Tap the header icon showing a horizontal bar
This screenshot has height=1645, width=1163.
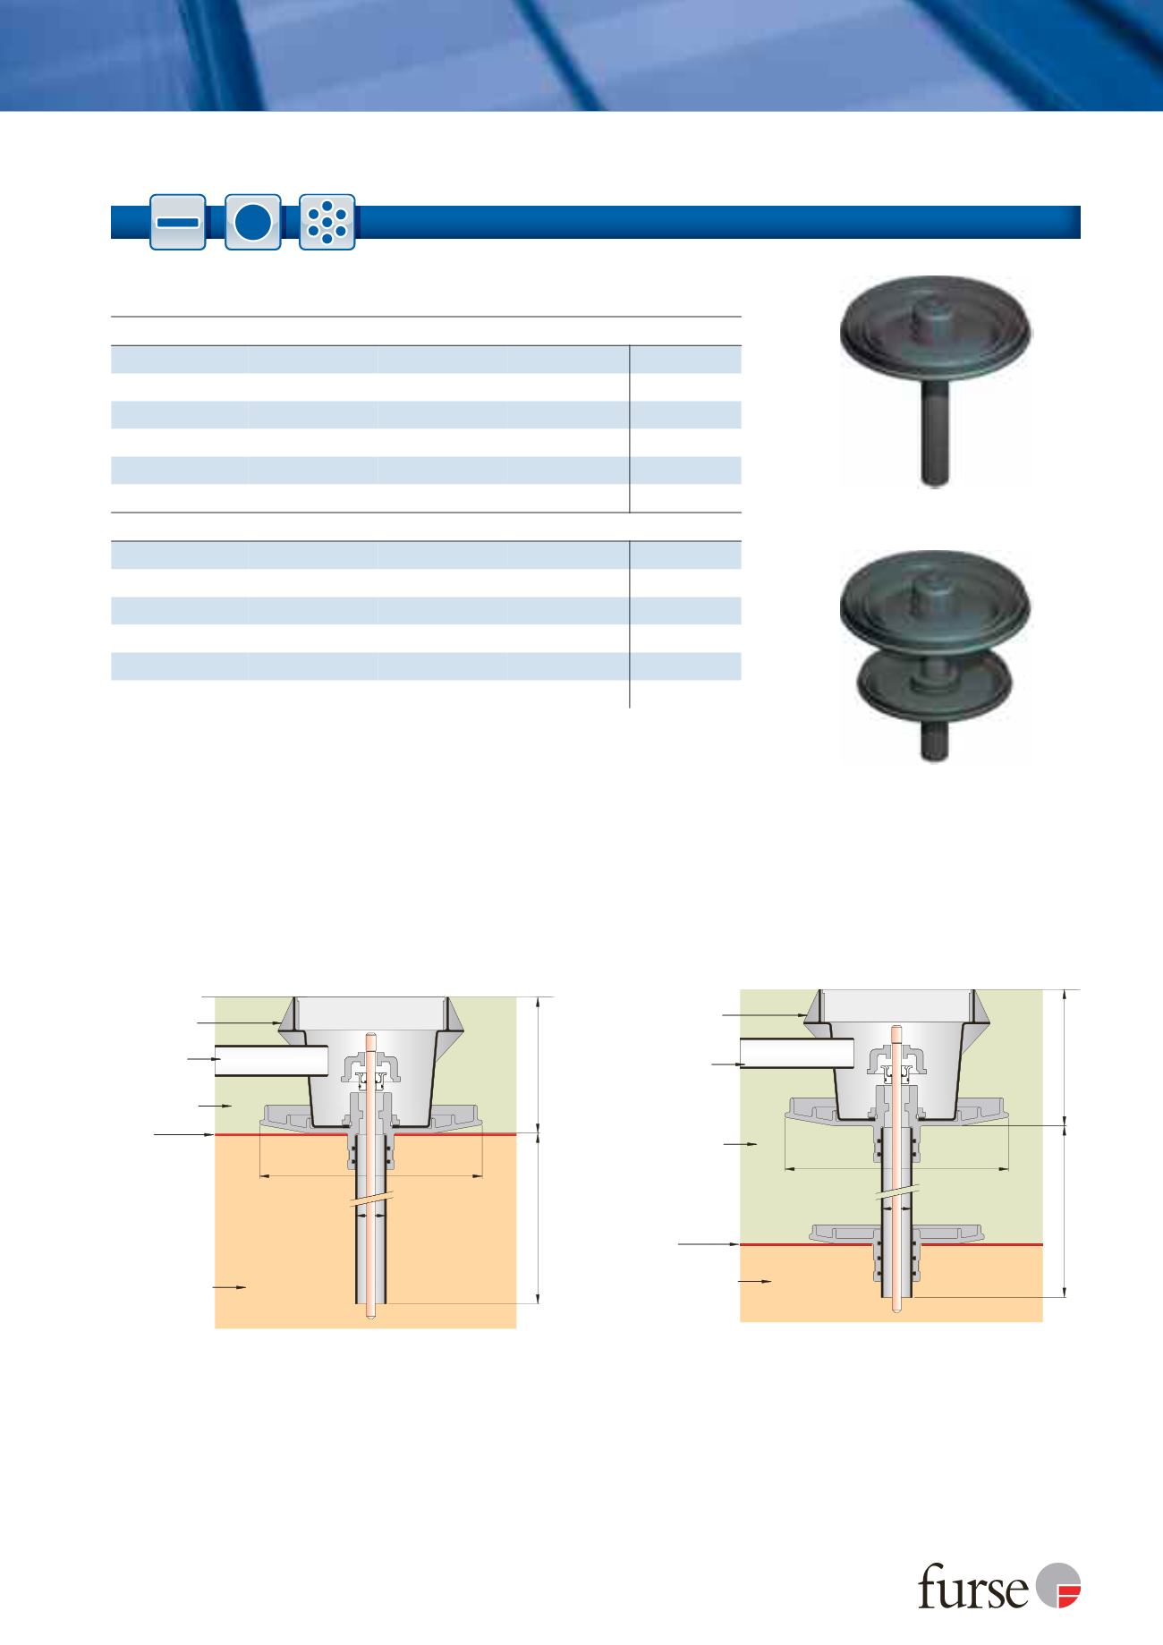click(178, 222)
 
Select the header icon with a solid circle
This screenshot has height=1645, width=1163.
click(253, 222)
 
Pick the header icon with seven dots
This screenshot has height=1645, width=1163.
click(327, 222)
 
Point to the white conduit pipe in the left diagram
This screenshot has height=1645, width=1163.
click(268, 1061)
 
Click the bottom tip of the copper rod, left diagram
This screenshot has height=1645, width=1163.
click(369, 1316)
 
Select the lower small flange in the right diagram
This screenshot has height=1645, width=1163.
click(896, 1234)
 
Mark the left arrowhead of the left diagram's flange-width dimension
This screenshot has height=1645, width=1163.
click(261, 1174)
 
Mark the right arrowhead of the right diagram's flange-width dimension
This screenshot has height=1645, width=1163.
click(1006, 1167)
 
